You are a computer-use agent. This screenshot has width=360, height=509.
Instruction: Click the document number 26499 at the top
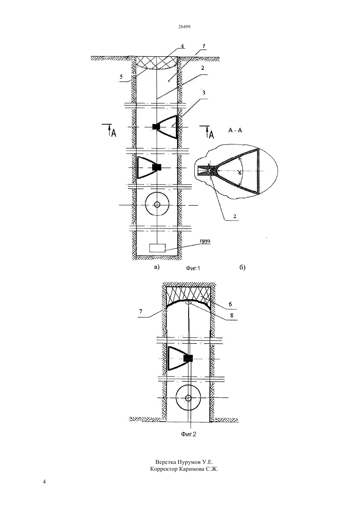click(184, 26)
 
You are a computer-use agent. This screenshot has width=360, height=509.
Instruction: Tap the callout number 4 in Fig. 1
click(182, 46)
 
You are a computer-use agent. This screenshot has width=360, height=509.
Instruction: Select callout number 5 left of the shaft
click(121, 77)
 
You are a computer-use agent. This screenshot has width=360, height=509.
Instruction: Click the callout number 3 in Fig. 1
click(204, 93)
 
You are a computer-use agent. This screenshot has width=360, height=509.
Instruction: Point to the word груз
click(205, 241)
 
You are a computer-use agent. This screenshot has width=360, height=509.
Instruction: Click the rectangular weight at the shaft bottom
click(157, 248)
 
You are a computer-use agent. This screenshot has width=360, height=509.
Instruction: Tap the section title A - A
click(235, 130)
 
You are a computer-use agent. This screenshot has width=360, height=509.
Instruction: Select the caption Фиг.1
click(193, 268)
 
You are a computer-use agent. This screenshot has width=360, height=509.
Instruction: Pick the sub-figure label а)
click(157, 267)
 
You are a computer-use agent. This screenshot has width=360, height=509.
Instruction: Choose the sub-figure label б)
click(243, 268)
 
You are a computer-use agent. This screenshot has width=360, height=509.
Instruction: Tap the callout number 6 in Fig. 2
click(230, 304)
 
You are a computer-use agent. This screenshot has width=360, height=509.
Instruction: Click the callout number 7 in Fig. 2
click(141, 311)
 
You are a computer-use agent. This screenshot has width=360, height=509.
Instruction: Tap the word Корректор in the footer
click(164, 469)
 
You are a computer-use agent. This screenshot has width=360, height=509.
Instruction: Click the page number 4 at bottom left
click(44, 482)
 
